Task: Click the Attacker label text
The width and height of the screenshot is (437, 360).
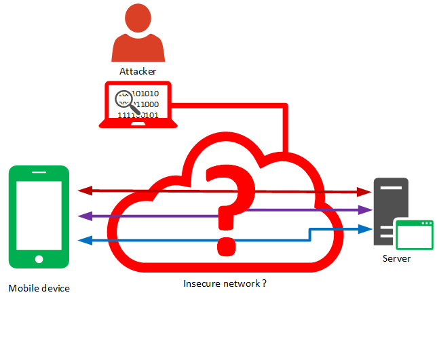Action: [x=138, y=71]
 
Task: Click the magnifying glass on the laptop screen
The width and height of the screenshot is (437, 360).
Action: [x=124, y=100]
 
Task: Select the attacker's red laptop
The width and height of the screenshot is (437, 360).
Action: [x=138, y=106]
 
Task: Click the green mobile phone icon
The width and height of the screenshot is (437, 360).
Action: [x=39, y=217]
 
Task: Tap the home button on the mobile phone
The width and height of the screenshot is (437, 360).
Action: [x=39, y=258]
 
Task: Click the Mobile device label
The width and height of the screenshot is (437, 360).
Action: [x=39, y=288]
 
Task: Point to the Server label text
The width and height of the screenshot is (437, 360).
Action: [x=396, y=258]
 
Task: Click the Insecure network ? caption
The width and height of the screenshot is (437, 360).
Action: [x=225, y=283]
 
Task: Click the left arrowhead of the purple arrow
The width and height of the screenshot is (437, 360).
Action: [x=83, y=216]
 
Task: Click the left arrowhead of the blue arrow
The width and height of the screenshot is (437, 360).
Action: [x=83, y=239]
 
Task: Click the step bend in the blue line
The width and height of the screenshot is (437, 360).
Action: [x=310, y=235]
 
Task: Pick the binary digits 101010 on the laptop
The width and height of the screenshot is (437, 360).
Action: [x=145, y=94]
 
